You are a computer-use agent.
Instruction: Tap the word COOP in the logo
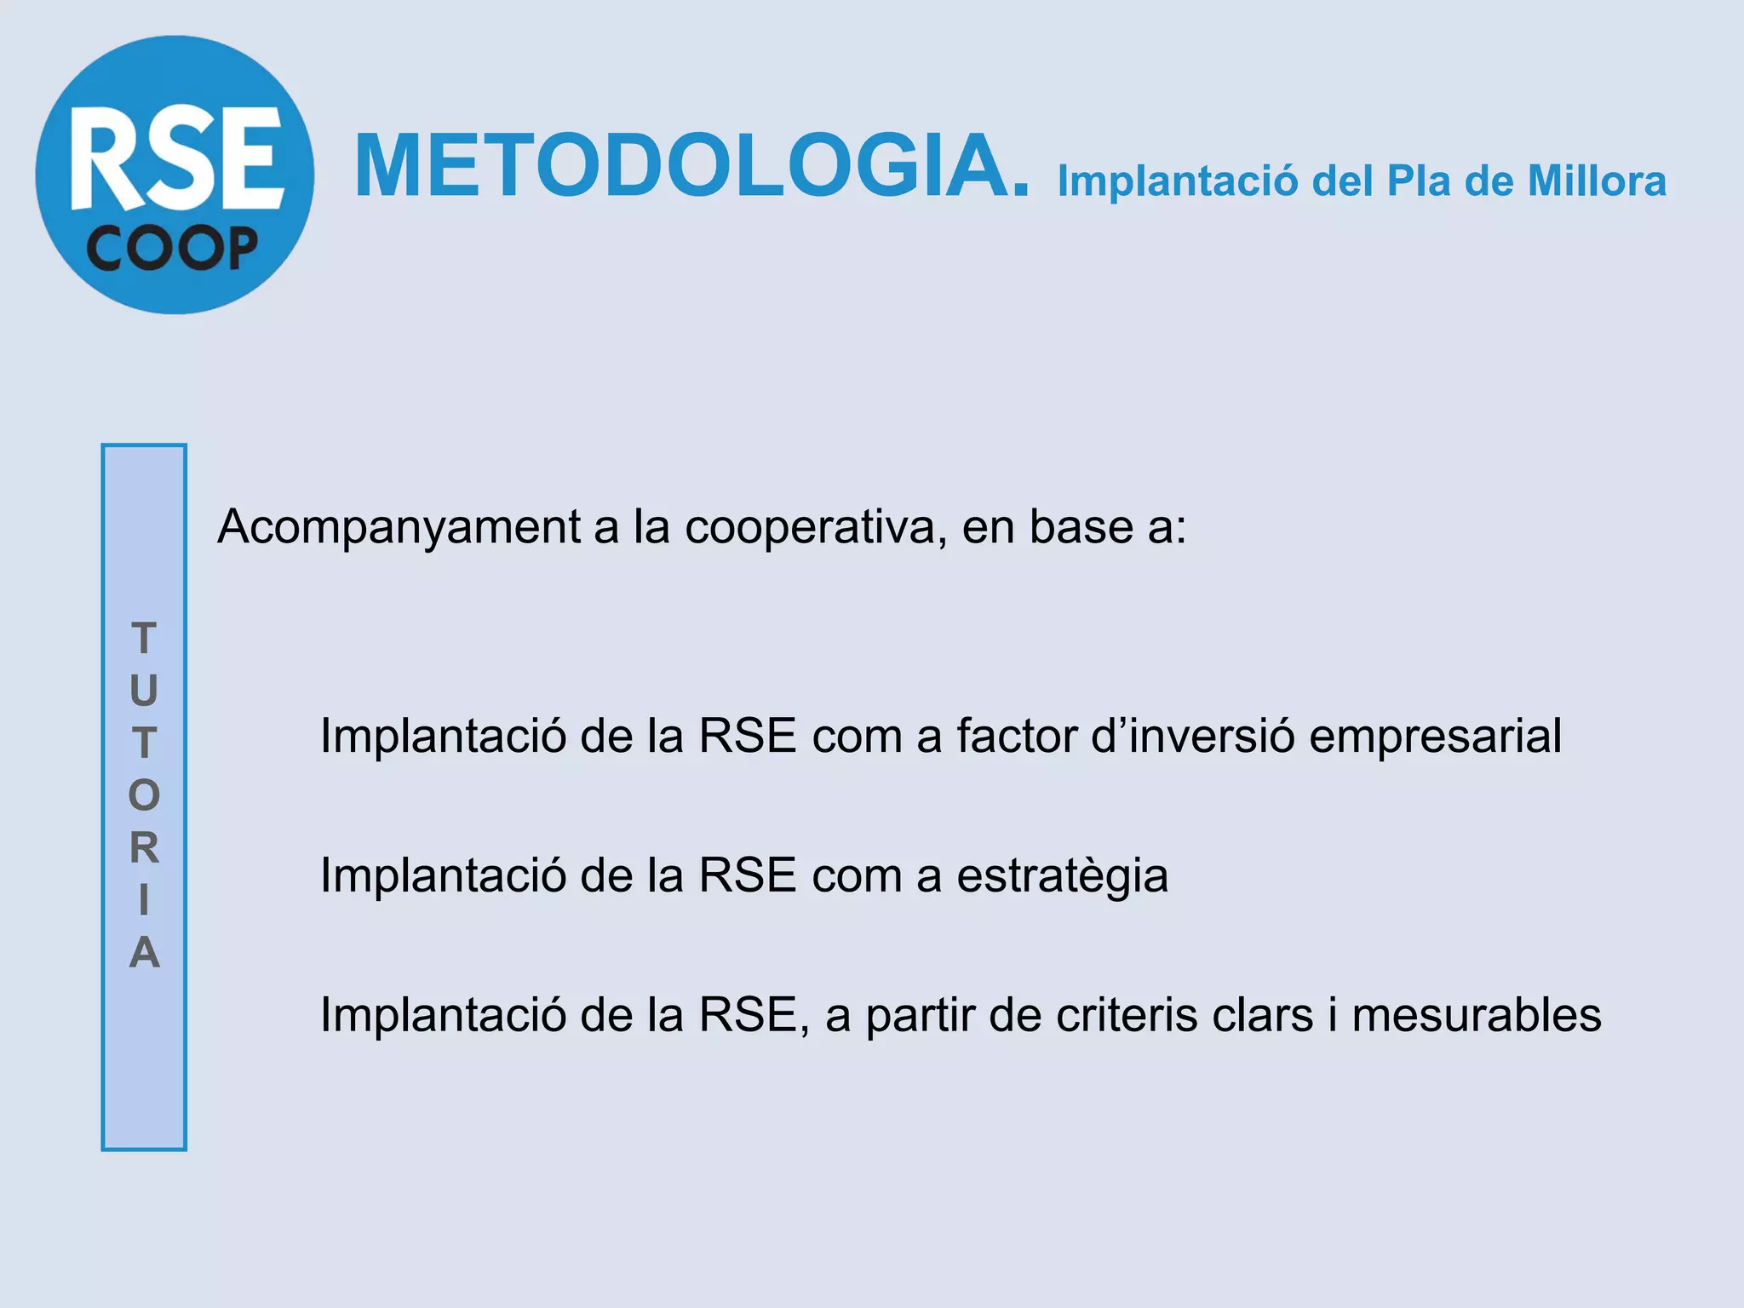click(x=172, y=250)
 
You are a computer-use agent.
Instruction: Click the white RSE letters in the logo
click(x=177, y=158)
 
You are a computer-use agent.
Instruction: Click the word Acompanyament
click(x=399, y=528)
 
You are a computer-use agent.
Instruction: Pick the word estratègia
click(x=1062, y=877)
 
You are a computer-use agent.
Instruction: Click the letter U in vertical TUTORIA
click(x=144, y=691)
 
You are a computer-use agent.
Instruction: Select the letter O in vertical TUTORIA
click(x=144, y=795)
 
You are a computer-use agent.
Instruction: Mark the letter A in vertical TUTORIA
click(x=144, y=952)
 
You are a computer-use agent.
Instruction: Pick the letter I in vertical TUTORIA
click(x=144, y=900)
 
